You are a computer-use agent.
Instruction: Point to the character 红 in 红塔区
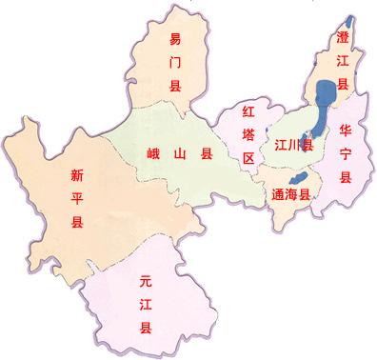click(x=248, y=111)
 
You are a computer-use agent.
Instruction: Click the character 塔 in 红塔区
click(x=248, y=134)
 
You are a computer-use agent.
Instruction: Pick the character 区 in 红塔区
click(x=248, y=157)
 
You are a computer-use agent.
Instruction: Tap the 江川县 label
click(x=293, y=146)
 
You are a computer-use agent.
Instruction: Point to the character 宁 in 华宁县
click(x=346, y=154)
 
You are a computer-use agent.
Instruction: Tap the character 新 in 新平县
click(x=77, y=174)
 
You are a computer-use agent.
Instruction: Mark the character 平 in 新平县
click(x=77, y=198)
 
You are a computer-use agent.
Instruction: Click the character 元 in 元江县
click(x=146, y=282)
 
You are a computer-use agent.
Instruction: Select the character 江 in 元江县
click(x=146, y=305)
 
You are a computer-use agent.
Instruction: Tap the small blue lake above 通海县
click(x=296, y=178)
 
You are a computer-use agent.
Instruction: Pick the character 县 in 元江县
click(x=146, y=328)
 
